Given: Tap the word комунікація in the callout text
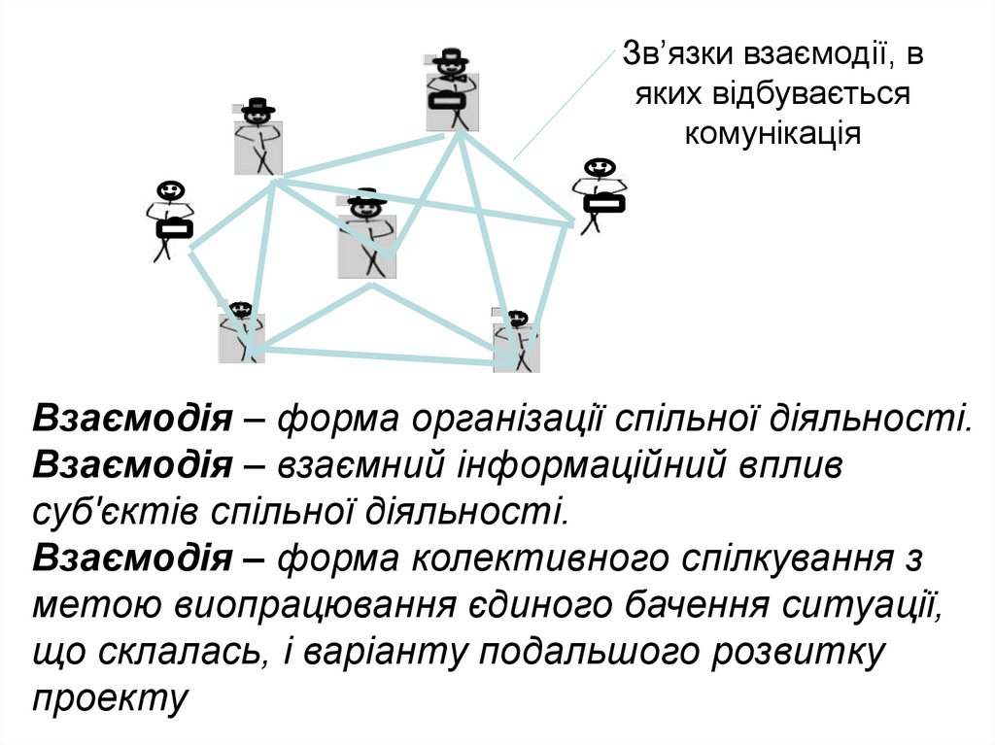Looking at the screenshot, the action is pyautogui.click(x=772, y=132).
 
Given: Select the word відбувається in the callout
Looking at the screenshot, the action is pyautogui.click(x=811, y=94).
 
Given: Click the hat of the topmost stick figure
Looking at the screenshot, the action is pyautogui.click(x=450, y=56).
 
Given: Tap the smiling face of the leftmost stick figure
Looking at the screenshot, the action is pyautogui.click(x=170, y=189).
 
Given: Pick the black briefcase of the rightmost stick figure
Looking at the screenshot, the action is pyautogui.click(x=603, y=203).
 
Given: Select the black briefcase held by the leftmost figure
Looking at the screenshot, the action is pyautogui.click(x=175, y=230).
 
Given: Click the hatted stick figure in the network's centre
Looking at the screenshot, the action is pyautogui.click(x=367, y=233).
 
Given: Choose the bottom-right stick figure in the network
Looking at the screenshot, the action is pyautogui.click(x=516, y=340).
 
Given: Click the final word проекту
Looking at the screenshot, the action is pyautogui.click(x=109, y=697).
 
